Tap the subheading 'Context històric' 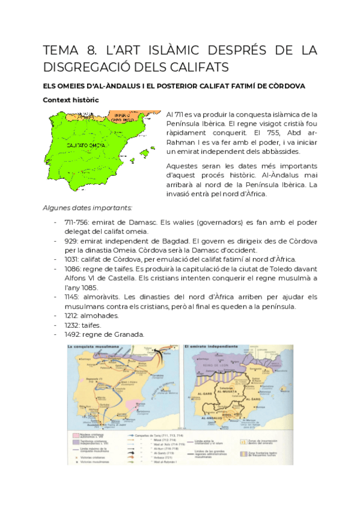(x=70, y=100)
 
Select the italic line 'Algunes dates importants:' (x=87, y=207)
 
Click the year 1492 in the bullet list (x=73, y=335)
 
